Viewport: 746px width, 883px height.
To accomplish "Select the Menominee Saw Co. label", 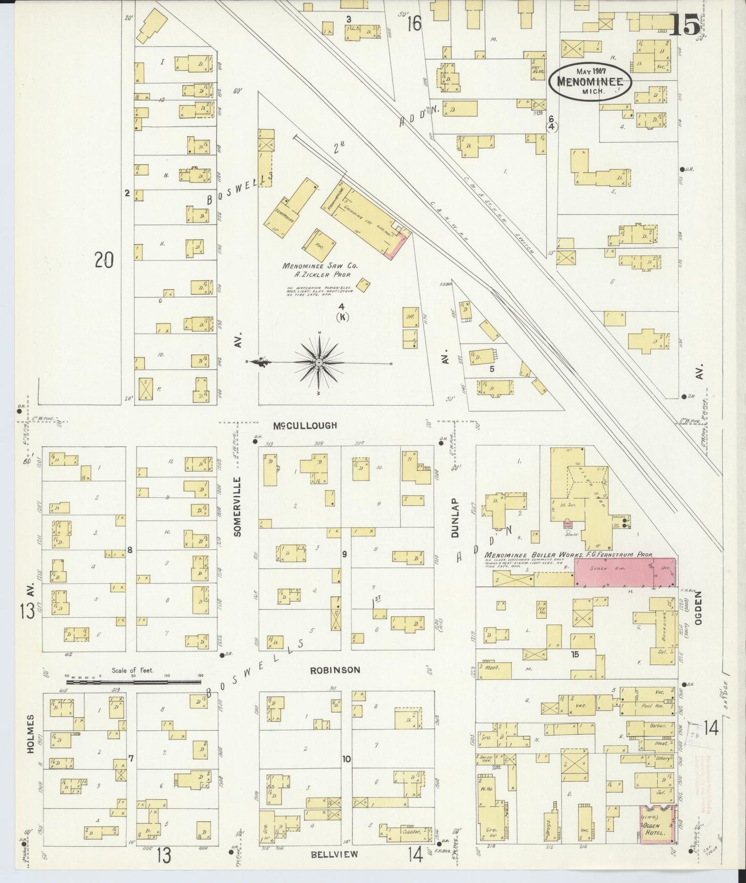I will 320,266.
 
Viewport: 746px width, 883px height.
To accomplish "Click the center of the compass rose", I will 319,364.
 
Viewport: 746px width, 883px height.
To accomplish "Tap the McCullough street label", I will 305,425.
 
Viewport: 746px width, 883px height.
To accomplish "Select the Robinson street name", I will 335,670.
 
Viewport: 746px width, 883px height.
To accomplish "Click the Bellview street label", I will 335,854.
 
